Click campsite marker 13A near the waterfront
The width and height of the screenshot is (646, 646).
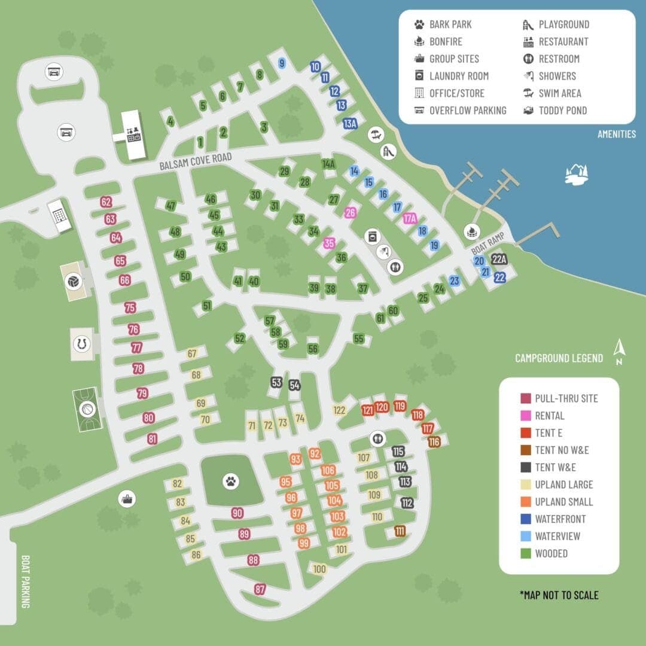350,124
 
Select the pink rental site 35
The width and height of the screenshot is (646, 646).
329,243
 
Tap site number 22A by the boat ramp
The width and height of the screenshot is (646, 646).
499,260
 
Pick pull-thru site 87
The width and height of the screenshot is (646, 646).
260,589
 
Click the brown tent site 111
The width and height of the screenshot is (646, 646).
400,531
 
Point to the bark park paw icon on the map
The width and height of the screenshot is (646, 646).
231,480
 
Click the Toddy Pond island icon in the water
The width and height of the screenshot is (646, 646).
577,173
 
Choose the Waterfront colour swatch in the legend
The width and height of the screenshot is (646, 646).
526,519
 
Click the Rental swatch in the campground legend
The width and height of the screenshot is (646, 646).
526,416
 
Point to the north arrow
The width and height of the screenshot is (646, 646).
620,352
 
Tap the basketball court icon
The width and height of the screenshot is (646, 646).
87,409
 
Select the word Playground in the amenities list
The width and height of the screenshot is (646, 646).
563,25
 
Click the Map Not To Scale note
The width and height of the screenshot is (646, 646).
559,595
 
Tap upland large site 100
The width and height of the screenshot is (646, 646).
319,569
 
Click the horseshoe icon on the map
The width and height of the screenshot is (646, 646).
81,344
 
